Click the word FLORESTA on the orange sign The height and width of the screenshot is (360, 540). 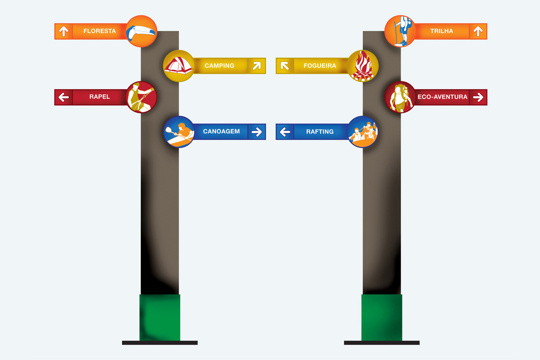(100, 31)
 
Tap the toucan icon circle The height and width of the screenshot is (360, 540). (142, 31)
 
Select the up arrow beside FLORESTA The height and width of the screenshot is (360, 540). (64, 31)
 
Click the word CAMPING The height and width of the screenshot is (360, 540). (219, 66)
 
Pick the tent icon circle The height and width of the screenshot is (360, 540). (179, 66)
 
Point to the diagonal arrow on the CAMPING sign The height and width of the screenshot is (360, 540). (257, 66)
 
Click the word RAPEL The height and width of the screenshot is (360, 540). (100, 97)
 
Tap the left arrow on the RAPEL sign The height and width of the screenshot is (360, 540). (64, 97)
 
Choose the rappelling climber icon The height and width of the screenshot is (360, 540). (142, 97)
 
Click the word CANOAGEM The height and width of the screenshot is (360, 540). (221, 131)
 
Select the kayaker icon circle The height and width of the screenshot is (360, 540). (179, 132)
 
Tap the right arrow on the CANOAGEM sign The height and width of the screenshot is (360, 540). (257, 132)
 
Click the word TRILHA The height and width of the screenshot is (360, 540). (442, 31)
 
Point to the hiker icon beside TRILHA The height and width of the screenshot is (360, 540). (400, 31)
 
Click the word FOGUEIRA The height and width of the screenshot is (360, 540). (320, 66)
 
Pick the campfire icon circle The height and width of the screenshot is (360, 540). (363, 66)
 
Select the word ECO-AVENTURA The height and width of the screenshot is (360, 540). (442, 97)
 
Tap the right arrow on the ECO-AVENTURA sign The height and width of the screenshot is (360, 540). (478, 97)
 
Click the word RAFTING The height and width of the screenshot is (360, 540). (320, 132)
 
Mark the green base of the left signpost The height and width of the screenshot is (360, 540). (160, 318)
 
